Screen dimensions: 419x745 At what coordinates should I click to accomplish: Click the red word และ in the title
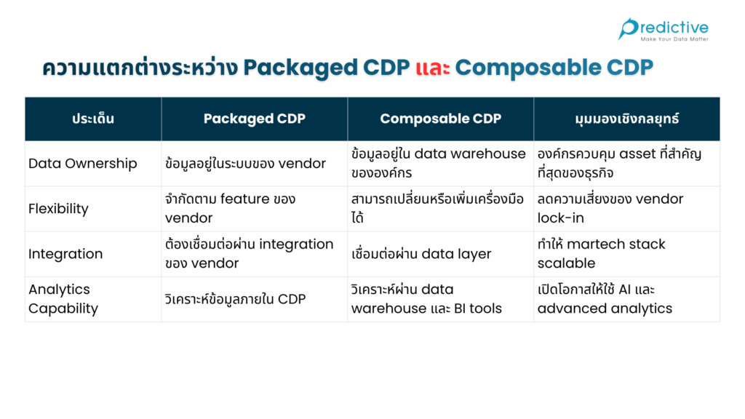433,68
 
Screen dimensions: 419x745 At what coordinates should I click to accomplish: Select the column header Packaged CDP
254,119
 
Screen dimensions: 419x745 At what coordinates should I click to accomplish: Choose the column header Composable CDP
440,119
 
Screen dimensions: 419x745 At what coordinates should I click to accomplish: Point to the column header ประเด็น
93,119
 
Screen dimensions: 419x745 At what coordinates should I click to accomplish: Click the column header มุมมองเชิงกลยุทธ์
626,119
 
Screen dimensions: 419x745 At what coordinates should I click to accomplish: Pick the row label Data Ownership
83,163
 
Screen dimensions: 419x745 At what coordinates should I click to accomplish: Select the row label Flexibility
58,209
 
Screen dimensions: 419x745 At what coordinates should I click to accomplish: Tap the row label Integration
65,254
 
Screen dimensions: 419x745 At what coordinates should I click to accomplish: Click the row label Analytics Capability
63,299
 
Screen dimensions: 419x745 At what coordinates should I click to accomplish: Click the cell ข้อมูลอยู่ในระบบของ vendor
246,163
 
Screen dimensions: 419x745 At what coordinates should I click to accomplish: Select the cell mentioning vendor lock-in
610,209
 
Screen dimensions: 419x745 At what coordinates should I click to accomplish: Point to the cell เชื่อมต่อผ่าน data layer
421,254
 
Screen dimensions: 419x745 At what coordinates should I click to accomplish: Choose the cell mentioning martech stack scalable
601,254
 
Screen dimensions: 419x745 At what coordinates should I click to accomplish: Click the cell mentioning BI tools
426,299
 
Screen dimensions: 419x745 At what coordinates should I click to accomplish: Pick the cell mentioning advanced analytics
605,299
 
